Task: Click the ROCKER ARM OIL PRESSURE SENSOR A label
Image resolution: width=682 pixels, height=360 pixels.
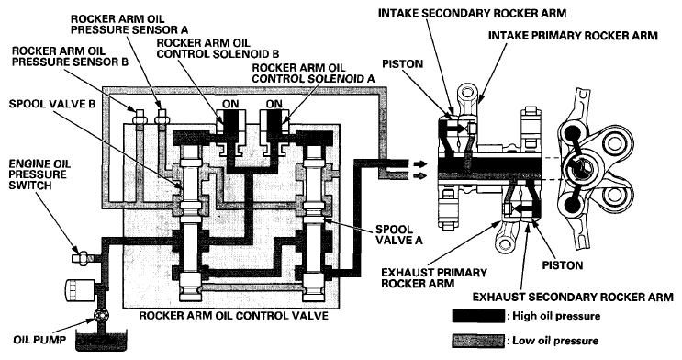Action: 129,25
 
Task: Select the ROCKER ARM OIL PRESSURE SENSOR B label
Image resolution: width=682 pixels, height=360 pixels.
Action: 70,56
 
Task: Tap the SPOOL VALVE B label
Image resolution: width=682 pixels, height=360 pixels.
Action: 51,105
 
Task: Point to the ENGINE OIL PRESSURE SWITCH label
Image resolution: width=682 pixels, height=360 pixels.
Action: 39,174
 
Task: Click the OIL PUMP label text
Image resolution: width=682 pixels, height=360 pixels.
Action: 39,339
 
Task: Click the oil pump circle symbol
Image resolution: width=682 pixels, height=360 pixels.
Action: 101,316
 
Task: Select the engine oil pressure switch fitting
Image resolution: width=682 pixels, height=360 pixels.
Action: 84,258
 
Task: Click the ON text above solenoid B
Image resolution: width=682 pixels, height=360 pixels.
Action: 230,104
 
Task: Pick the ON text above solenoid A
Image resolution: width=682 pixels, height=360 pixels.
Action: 274,104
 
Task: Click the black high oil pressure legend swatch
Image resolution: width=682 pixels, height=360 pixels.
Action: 478,316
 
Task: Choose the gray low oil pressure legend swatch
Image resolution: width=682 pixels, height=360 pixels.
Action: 478,341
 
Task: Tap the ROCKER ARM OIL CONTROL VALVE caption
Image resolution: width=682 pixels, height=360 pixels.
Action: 233,315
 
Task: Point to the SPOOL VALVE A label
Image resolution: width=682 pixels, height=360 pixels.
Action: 399,234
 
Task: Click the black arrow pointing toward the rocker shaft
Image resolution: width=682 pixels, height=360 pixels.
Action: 419,164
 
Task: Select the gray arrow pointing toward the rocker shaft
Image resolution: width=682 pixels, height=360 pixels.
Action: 419,175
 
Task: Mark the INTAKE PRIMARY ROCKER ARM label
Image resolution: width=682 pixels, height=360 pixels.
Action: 573,35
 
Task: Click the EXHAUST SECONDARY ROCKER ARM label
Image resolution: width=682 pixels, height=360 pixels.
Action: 573,297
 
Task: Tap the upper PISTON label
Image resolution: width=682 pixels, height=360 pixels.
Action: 402,63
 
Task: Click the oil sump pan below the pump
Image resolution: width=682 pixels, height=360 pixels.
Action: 101,341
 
